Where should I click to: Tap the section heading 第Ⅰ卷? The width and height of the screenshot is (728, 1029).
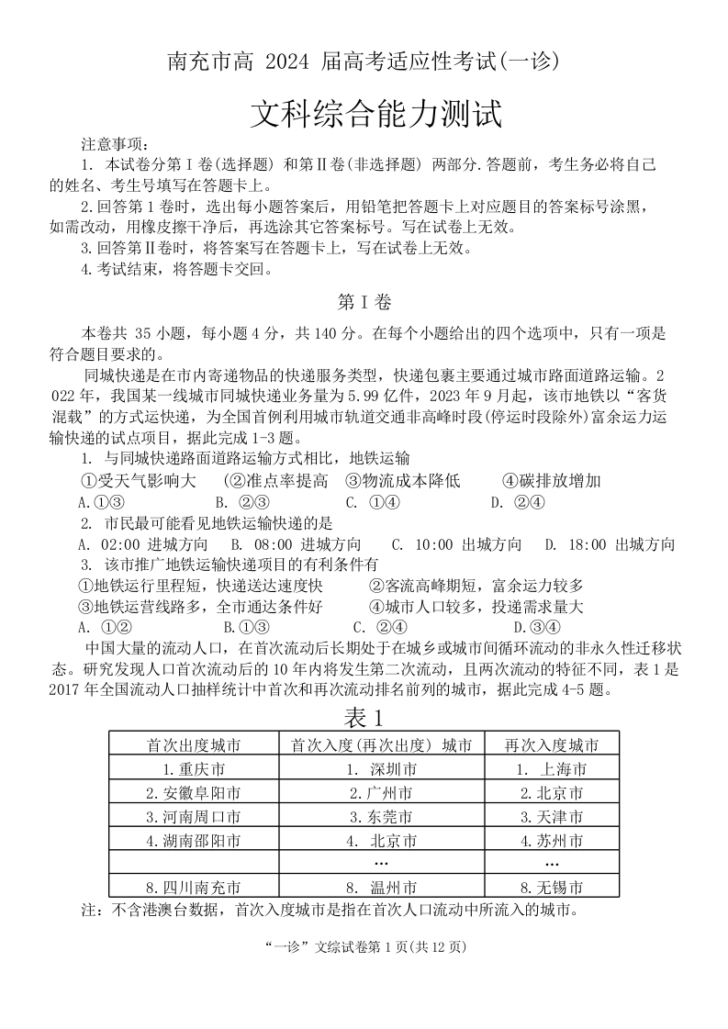click(364, 302)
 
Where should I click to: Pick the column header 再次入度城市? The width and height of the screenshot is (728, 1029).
click(552, 744)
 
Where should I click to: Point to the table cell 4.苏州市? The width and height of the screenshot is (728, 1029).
click(552, 840)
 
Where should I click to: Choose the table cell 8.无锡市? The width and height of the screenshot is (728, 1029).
click(552, 888)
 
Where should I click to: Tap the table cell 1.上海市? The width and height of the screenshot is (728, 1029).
click(552, 768)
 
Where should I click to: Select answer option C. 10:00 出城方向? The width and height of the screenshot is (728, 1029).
click(456, 543)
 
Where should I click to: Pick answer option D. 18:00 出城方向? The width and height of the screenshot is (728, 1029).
click(610, 543)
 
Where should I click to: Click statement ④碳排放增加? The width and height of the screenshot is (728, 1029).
click(552, 480)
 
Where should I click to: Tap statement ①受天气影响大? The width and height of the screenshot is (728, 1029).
click(139, 480)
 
